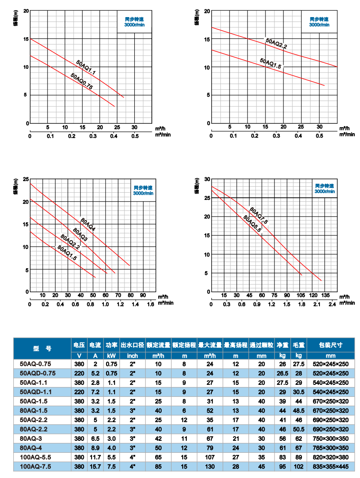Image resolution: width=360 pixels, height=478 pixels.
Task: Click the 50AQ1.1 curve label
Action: (86, 68)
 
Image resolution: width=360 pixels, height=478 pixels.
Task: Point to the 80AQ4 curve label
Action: (88, 224)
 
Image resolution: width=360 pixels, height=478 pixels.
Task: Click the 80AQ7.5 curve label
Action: (258, 216)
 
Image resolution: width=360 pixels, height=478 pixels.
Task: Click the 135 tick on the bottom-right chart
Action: (325, 295)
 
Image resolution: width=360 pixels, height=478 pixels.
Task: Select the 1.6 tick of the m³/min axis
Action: (150, 304)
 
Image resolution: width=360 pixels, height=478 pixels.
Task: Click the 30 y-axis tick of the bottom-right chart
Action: (207, 179)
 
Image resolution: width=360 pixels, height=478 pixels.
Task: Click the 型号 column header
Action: (42, 348)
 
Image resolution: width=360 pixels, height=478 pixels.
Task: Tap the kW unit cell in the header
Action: (111, 355)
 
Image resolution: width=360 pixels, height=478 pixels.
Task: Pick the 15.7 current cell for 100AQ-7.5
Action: (95, 467)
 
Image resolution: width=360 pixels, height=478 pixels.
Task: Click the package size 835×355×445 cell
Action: (330, 467)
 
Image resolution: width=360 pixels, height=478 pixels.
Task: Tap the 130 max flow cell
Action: (210, 467)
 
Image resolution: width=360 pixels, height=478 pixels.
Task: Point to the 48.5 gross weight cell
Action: (298, 410)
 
